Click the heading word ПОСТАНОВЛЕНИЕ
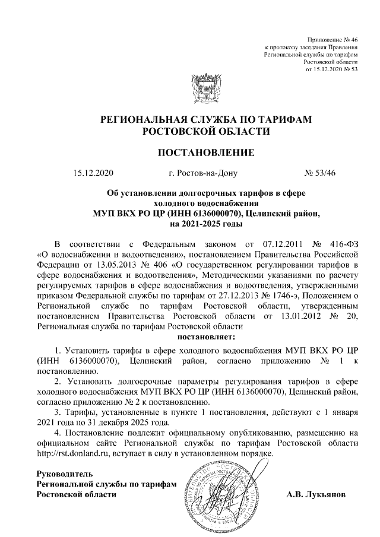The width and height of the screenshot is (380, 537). [205, 153]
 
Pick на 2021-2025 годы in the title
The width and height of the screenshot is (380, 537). [205, 223]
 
